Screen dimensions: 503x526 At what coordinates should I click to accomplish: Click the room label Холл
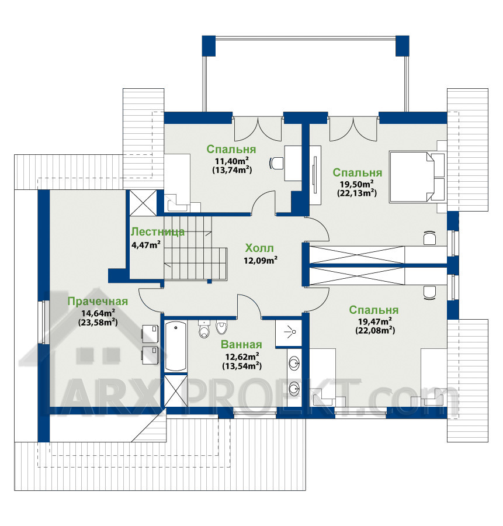pyautogui.click(x=259, y=248)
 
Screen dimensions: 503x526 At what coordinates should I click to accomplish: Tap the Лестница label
pyautogui.click(x=157, y=232)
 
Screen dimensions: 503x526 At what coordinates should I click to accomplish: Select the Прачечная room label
pyautogui.click(x=98, y=301)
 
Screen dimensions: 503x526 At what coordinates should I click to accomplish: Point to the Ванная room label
pyautogui.click(x=241, y=344)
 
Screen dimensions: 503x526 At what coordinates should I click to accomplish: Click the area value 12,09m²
pyautogui.click(x=260, y=260)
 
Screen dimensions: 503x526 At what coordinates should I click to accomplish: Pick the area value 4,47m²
pyautogui.click(x=146, y=244)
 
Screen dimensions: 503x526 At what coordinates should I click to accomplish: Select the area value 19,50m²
pyautogui.click(x=357, y=184)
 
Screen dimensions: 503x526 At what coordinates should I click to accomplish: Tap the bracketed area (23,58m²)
pyautogui.click(x=98, y=323)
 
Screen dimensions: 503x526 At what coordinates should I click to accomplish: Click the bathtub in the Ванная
pyautogui.click(x=176, y=346)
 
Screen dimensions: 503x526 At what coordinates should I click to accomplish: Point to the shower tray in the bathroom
pyautogui.click(x=289, y=333)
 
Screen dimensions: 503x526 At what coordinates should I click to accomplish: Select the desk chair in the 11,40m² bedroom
pyautogui.click(x=276, y=164)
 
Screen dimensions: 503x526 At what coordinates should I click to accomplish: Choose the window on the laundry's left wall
pyautogui.click(x=43, y=322)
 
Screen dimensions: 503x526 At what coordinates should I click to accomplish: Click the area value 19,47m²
pyautogui.click(x=375, y=321)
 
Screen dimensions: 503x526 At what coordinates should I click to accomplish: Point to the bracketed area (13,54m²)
pyautogui.click(x=242, y=366)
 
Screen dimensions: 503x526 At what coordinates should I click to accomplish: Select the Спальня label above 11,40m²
pyautogui.click(x=231, y=149)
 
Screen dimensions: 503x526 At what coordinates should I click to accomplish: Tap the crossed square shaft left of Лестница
pyautogui.click(x=143, y=203)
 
